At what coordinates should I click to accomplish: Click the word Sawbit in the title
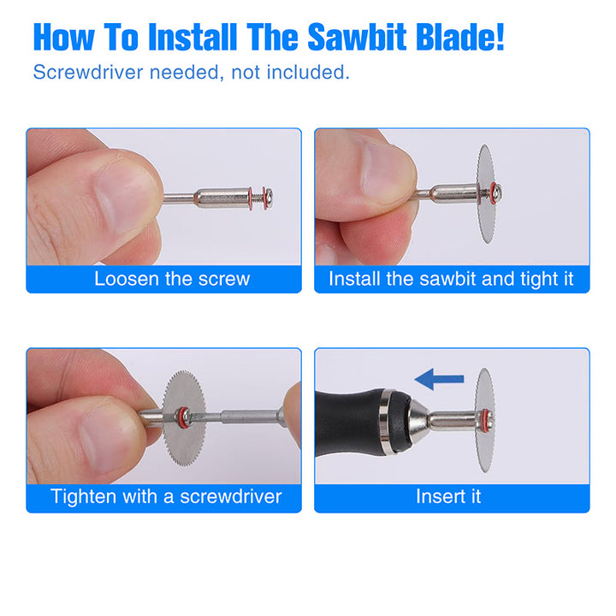[356, 37]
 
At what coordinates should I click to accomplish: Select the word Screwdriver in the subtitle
[88, 72]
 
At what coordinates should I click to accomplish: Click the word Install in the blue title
[192, 37]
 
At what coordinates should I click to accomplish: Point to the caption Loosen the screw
[172, 279]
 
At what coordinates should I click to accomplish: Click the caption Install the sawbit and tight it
[451, 279]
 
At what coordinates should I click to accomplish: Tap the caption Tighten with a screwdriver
[166, 496]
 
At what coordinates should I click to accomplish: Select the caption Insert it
[448, 496]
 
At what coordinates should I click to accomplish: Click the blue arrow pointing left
[439, 379]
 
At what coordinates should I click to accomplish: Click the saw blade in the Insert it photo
[485, 419]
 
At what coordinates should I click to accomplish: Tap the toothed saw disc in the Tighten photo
[184, 418]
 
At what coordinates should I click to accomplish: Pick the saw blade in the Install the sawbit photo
[486, 193]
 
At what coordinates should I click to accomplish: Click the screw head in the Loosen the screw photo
[269, 198]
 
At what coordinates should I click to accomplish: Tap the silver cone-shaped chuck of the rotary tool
[418, 423]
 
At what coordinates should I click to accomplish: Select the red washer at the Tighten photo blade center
[183, 418]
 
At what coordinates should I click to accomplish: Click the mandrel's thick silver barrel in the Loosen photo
[222, 198]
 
